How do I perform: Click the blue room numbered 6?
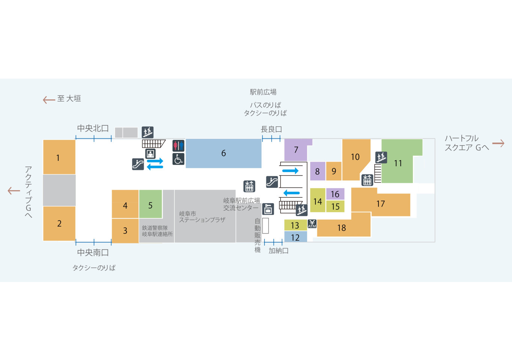click(224, 153)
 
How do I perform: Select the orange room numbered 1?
click(59, 157)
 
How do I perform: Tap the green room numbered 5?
click(150, 204)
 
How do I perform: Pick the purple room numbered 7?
click(296, 150)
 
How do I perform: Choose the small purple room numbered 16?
click(335, 194)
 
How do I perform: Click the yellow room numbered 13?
click(295, 225)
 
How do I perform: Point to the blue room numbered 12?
click(295, 237)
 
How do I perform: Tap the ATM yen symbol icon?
click(312, 224)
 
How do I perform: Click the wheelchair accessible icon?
click(178, 159)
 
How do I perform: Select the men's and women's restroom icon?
click(178, 145)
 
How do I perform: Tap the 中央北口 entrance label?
click(93, 128)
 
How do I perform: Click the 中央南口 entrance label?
click(93, 252)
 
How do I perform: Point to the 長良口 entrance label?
click(271, 129)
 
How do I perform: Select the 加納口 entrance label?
click(278, 251)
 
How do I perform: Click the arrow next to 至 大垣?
click(49, 100)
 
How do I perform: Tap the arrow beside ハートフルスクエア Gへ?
click(498, 143)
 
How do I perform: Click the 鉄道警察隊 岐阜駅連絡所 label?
click(157, 231)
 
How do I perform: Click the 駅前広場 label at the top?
click(263, 92)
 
